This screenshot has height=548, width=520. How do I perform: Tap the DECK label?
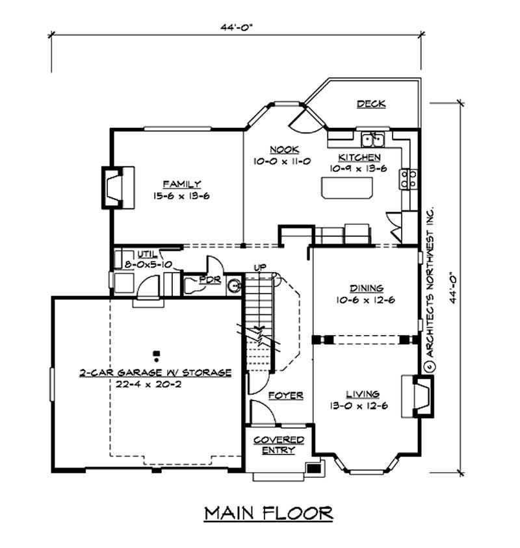pyautogui.click(x=371, y=104)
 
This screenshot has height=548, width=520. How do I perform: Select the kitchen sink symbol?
pyautogui.click(x=374, y=139)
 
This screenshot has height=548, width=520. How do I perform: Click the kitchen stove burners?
pyautogui.click(x=408, y=178)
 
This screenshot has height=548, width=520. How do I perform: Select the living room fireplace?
pyautogui.click(x=417, y=395)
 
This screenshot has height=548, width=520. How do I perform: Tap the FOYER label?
pyautogui.click(x=285, y=395)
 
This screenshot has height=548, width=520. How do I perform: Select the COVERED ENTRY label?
pyautogui.click(x=279, y=445)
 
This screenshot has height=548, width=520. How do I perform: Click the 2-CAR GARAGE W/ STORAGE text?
pyautogui.click(x=155, y=373)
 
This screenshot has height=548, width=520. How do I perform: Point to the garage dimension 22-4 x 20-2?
pyautogui.click(x=155, y=384)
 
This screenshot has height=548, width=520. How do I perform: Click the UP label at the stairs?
pyautogui.click(x=259, y=267)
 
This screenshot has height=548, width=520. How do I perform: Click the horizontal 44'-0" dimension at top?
pyautogui.click(x=237, y=28)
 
